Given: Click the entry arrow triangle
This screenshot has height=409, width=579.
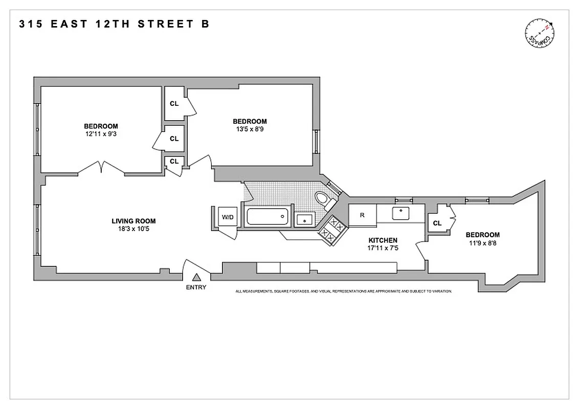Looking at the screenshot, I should pos(196,277).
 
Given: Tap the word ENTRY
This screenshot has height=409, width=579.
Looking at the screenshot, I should pos(196,287).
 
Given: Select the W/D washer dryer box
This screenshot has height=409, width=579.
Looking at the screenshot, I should pos(227,217).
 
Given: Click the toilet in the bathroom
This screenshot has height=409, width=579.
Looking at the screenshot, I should pos(323,199).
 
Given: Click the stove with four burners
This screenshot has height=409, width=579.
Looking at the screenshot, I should pos(331,230).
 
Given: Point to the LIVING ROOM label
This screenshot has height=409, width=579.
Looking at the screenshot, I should pos(133,221).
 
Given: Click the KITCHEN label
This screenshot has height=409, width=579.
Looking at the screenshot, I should pos(383,240).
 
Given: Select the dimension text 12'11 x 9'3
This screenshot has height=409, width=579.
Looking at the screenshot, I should pos(101,134).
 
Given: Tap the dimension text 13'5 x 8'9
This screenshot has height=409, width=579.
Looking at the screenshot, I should pos(250,129).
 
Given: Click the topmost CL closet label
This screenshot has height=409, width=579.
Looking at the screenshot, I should pos(174,103).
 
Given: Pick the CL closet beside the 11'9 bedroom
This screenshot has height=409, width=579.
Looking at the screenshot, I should pos(437,223).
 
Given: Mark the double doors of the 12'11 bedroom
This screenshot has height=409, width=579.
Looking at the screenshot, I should pos(102,168).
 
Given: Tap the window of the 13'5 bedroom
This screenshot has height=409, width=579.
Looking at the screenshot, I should pos(316,142).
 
